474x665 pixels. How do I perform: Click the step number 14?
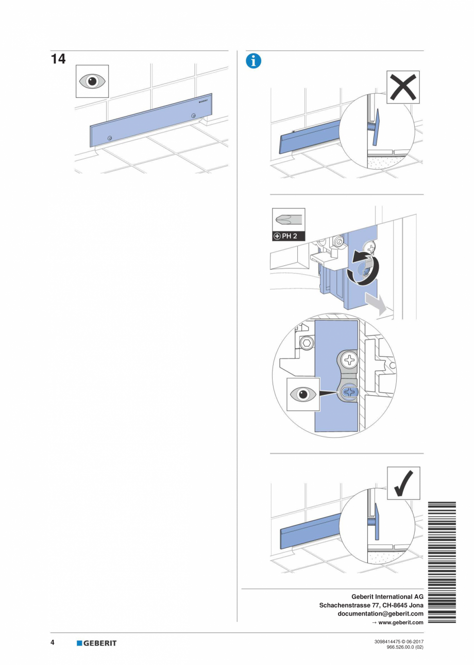[58, 59]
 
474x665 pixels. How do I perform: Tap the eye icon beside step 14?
[92, 81]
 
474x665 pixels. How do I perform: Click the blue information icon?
[253, 61]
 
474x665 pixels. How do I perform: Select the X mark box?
[403, 87]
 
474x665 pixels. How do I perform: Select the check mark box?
[403, 483]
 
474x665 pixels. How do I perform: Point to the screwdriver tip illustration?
[288, 220]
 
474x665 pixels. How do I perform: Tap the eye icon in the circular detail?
[303, 394]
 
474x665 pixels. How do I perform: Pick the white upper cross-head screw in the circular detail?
[348, 359]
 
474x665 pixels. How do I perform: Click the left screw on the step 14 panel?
[110, 138]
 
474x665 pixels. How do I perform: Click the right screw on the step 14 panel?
[193, 115]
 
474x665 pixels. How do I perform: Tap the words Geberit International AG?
[387, 596]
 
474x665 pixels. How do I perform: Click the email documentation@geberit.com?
[380, 613]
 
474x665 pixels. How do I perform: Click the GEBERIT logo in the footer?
[97, 643]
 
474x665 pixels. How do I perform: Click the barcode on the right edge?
[442, 562]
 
